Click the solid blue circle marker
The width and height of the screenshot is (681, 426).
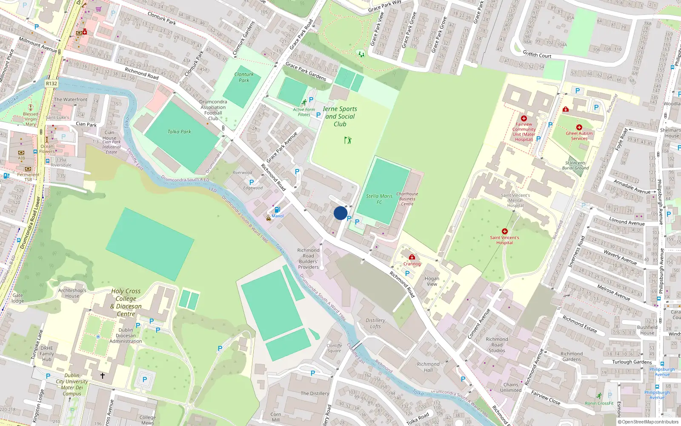(340, 213)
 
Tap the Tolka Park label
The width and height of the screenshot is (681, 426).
(179, 132)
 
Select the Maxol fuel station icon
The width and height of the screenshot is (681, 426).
(278, 210)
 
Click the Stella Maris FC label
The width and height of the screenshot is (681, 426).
(379, 199)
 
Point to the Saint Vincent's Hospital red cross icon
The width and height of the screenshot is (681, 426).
(504, 231)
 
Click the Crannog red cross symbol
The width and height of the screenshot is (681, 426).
(412, 257)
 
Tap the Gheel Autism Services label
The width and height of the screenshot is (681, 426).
(579, 136)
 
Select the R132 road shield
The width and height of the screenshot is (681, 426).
(52, 83)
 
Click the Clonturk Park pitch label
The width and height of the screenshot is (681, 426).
(244, 77)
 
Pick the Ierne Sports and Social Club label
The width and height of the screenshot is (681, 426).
(340, 116)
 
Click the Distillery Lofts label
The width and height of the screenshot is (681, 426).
(375, 323)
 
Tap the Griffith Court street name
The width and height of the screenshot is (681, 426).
(537, 55)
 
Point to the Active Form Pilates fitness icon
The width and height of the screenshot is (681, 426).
(304, 102)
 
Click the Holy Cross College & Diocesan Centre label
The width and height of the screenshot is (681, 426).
(126, 302)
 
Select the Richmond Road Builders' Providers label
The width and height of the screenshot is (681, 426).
(308, 259)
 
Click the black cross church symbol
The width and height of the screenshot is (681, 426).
(102, 375)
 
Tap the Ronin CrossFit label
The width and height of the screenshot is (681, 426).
(599, 403)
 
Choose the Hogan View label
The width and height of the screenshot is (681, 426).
(432, 281)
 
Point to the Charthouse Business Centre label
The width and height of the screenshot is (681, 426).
(407, 199)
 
